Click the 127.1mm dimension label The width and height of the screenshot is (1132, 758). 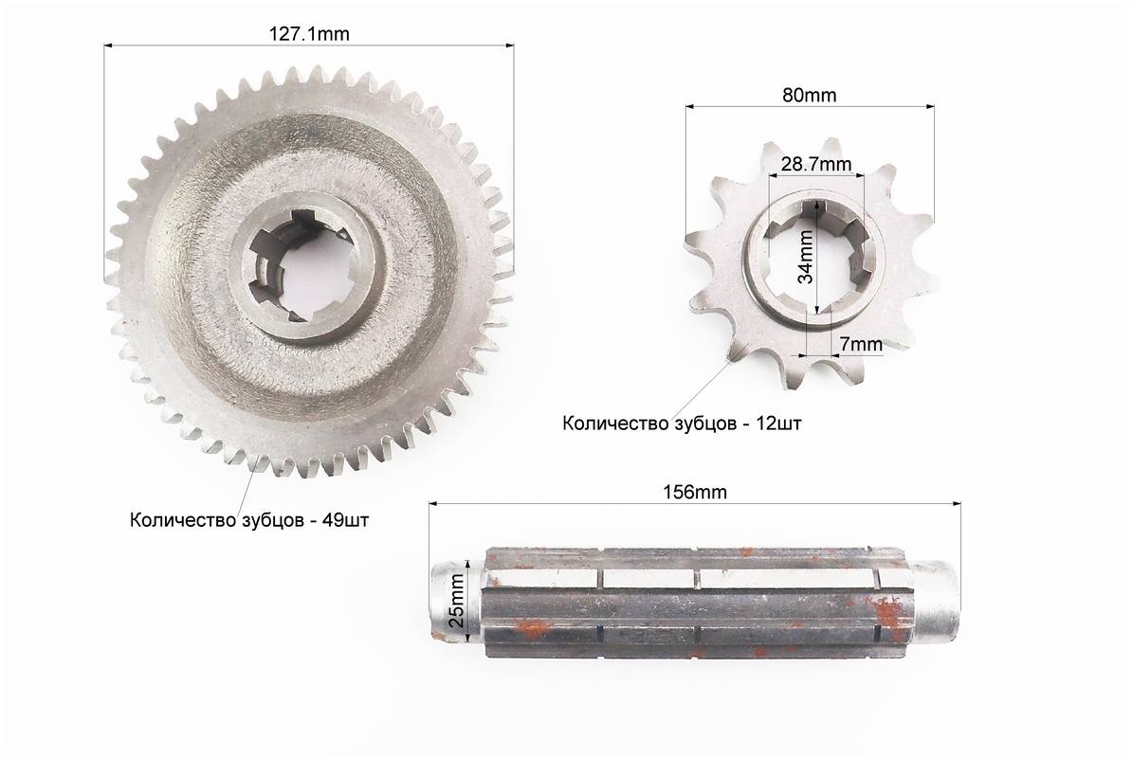[309, 34]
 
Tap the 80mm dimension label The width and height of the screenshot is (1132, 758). [810, 95]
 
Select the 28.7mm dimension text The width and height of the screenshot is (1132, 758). [816, 165]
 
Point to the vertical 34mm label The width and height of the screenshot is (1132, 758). [805, 256]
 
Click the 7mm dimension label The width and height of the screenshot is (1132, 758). [861, 345]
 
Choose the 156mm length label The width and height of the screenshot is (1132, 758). [695, 492]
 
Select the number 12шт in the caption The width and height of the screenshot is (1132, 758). [778, 424]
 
